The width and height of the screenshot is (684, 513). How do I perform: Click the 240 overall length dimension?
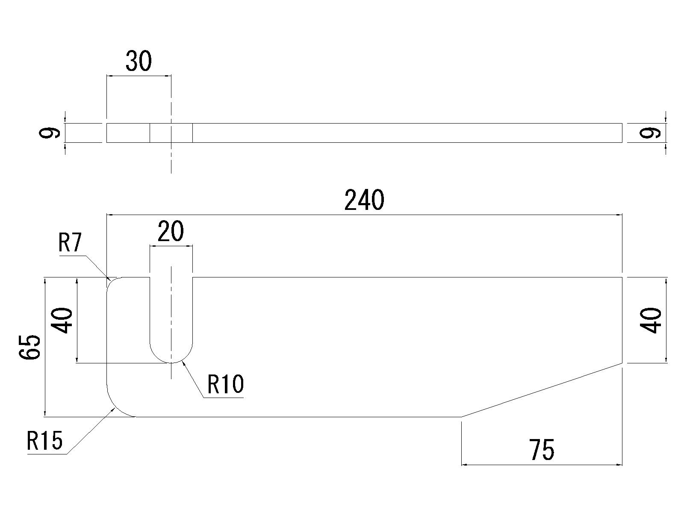tap(364, 200)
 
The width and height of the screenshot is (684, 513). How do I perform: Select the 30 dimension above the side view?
tap(139, 62)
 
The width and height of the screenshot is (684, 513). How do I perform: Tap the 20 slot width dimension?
tap(171, 231)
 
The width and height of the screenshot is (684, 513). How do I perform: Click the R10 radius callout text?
tap(225, 384)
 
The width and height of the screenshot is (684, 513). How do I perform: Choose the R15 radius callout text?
tap(45, 441)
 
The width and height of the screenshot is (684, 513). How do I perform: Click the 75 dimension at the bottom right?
tap(542, 450)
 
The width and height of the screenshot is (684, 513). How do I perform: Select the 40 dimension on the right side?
tap(652, 320)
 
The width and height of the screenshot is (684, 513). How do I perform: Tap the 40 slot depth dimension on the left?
tap(62, 320)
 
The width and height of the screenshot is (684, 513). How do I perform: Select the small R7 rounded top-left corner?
tap(110, 281)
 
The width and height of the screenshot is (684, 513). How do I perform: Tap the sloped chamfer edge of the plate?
tap(542, 389)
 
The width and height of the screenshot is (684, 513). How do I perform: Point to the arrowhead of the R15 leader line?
tap(114, 410)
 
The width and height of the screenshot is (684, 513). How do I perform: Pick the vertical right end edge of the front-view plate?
tap(622, 320)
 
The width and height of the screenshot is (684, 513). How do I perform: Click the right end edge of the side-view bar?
tap(622, 133)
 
